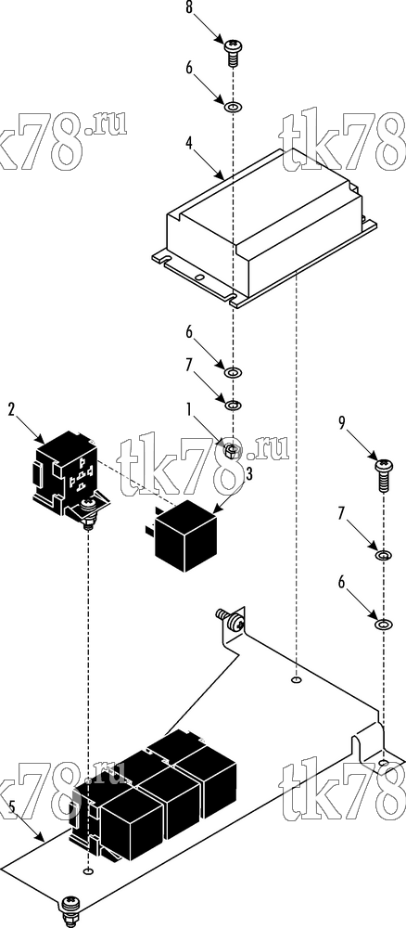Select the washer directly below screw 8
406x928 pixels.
click(x=233, y=107)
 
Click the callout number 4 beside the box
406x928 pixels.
click(x=190, y=144)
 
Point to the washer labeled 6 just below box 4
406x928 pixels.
click(x=234, y=373)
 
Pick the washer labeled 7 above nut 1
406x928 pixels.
click(x=234, y=405)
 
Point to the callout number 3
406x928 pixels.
click(x=249, y=473)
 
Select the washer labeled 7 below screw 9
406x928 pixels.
click(x=384, y=556)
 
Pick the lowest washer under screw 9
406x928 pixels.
click(x=384, y=624)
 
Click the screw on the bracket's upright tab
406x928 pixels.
click(x=233, y=621)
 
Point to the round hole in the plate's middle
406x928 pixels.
click(x=297, y=681)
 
